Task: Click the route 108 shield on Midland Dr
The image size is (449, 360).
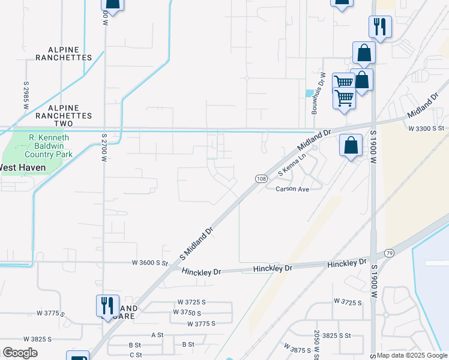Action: point(261,179)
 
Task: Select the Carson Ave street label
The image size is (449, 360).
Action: point(292,189)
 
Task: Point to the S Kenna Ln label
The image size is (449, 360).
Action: point(292,164)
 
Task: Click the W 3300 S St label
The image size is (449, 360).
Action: point(426,128)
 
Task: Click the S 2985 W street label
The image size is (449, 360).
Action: point(26,95)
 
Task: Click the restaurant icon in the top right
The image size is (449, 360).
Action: point(380,26)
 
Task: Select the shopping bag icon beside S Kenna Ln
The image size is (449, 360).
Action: point(351,145)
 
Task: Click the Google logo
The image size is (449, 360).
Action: point(20,353)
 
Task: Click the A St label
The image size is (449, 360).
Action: point(157,334)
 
